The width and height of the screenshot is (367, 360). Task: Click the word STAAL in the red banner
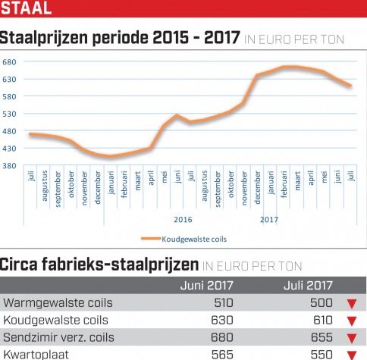(x=26, y=8)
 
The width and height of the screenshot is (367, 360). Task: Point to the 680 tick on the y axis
(x=9, y=62)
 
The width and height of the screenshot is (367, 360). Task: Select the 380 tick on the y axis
(x=9, y=166)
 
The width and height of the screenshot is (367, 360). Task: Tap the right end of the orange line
(x=350, y=86)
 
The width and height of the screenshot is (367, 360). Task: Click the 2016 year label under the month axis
(x=183, y=220)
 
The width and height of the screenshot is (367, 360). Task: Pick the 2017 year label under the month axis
(x=269, y=220)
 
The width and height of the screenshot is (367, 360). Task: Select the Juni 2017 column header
(x=206, y=286)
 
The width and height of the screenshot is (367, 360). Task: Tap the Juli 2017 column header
(x=308, y=286)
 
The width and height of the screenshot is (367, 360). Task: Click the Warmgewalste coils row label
(x=58, y=302)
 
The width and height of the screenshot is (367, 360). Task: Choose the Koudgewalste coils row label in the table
(x=55, y=320)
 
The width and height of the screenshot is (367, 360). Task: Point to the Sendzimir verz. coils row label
(x=58, y=337)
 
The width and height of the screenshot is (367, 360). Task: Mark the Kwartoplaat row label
(x=36, y=354)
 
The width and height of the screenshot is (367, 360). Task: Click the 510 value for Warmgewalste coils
(x=224, y=302)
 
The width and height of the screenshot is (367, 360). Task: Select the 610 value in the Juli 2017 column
(x=323, y=320)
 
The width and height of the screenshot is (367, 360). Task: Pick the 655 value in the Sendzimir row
(x=322, y=337)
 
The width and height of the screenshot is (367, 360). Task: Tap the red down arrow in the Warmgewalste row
(x=352, y=304)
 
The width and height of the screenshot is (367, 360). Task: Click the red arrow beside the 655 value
(x=352, y=339)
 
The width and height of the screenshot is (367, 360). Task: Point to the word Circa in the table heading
(x=18, y=265)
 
